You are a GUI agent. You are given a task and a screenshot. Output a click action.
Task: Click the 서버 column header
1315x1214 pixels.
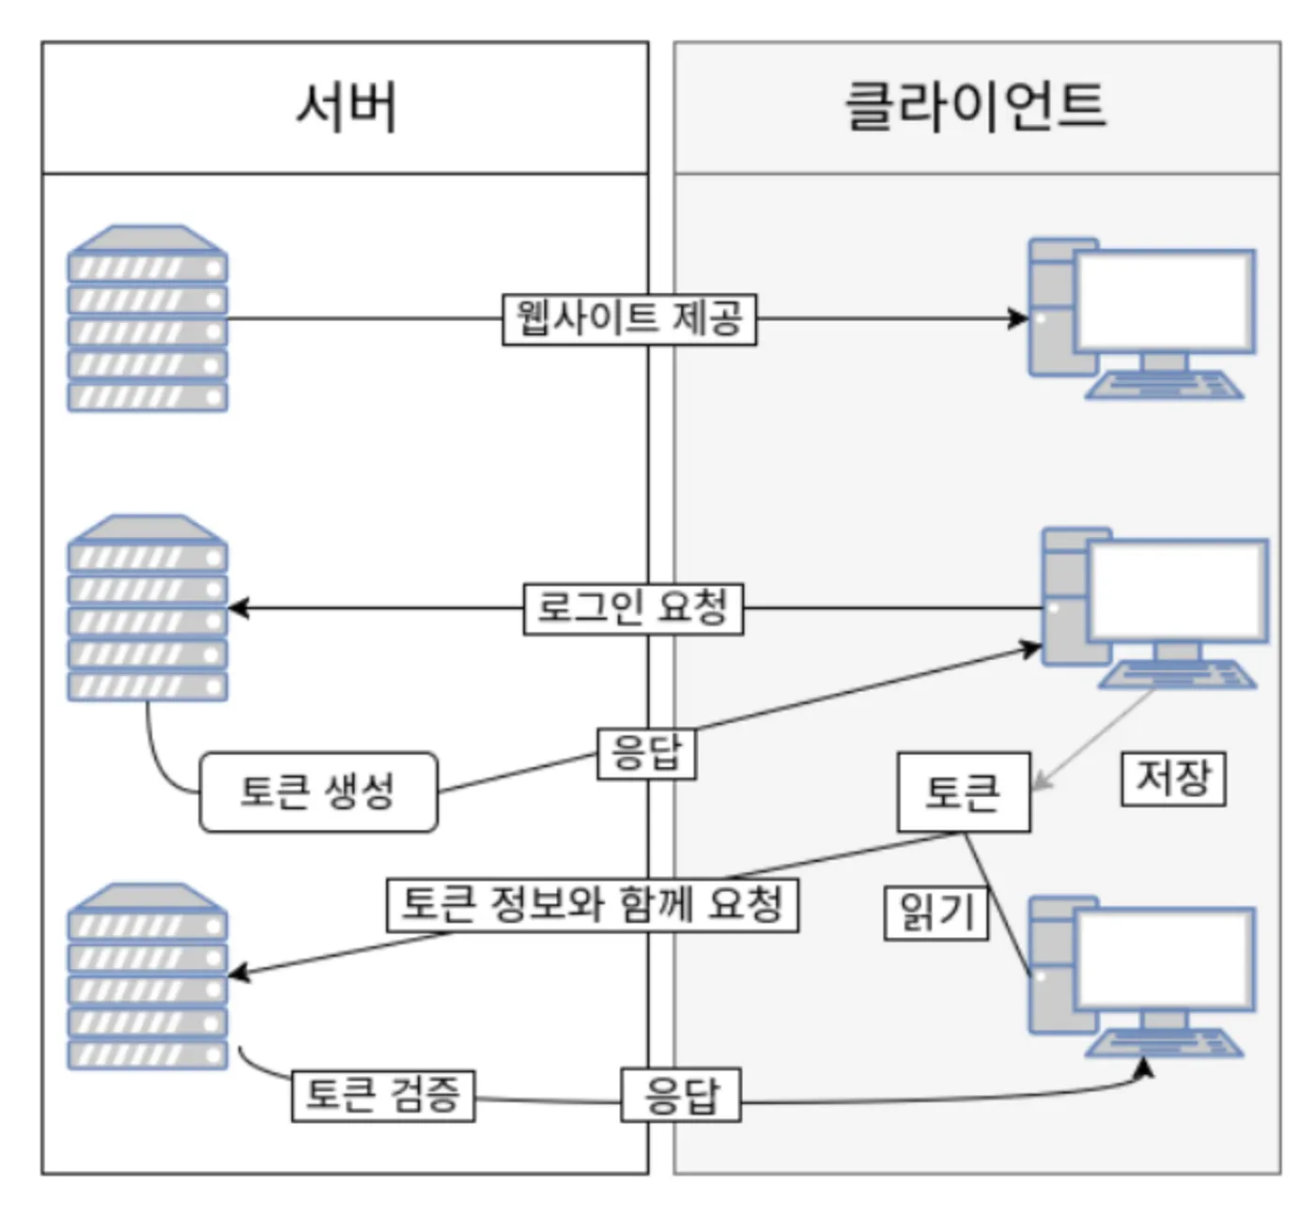[345, 106]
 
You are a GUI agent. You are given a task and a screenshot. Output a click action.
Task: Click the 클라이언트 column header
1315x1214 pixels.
[976, 106]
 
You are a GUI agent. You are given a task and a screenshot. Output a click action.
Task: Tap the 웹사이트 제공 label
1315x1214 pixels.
[629, 319]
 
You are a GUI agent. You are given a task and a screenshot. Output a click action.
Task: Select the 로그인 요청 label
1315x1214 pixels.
[633, 608]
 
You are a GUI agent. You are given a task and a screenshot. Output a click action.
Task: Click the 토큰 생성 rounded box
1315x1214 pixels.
[318, 791]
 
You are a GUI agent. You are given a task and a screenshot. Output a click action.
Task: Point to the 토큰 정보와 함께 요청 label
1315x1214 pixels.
[593, 905]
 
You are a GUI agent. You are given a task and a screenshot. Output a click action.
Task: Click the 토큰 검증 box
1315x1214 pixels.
[383, 1095]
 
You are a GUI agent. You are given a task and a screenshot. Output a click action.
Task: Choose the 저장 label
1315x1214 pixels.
[1173, 778]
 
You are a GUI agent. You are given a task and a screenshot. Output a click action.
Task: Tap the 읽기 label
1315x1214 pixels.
[936, 913]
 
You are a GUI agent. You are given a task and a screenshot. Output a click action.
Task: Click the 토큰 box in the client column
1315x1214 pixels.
[964, 792]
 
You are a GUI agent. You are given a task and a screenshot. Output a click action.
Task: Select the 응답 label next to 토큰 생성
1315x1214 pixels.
[646, 753]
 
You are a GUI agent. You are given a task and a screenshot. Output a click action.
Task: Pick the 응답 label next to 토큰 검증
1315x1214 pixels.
[681, 1095]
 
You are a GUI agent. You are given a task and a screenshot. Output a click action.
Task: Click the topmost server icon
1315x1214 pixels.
[147, 319]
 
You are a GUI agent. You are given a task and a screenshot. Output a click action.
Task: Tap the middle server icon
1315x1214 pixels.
[147, 608]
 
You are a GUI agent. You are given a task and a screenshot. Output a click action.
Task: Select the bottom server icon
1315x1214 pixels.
[147, 976]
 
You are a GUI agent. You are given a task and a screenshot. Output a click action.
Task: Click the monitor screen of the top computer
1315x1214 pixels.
[1165, 300]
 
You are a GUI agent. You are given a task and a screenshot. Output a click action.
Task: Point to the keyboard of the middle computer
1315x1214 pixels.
[1178, 674]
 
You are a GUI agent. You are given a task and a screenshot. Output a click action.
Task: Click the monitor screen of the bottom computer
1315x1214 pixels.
[1165, 958]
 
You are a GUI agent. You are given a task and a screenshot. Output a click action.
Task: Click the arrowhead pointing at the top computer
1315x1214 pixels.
[1019, 319]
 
